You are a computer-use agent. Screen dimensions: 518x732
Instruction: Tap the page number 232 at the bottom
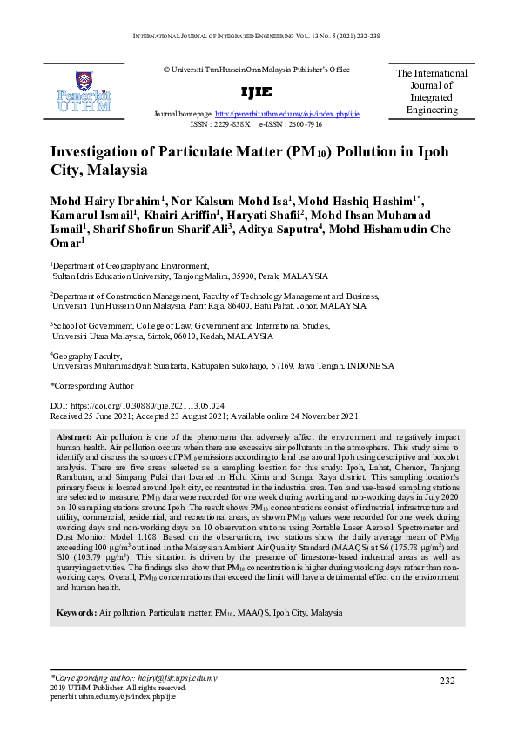click(x=447, y=681)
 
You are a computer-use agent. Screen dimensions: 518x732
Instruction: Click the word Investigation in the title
click(x=101, y=151)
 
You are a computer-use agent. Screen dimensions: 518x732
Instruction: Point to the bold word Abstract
click(x=74, y=435)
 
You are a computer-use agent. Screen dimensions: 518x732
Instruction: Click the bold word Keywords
click(x=77, y=613)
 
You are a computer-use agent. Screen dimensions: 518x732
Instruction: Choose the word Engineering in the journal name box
click(x=432, y=110)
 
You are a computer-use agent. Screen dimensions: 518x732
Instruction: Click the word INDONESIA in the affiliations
click(x=370, y=366)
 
